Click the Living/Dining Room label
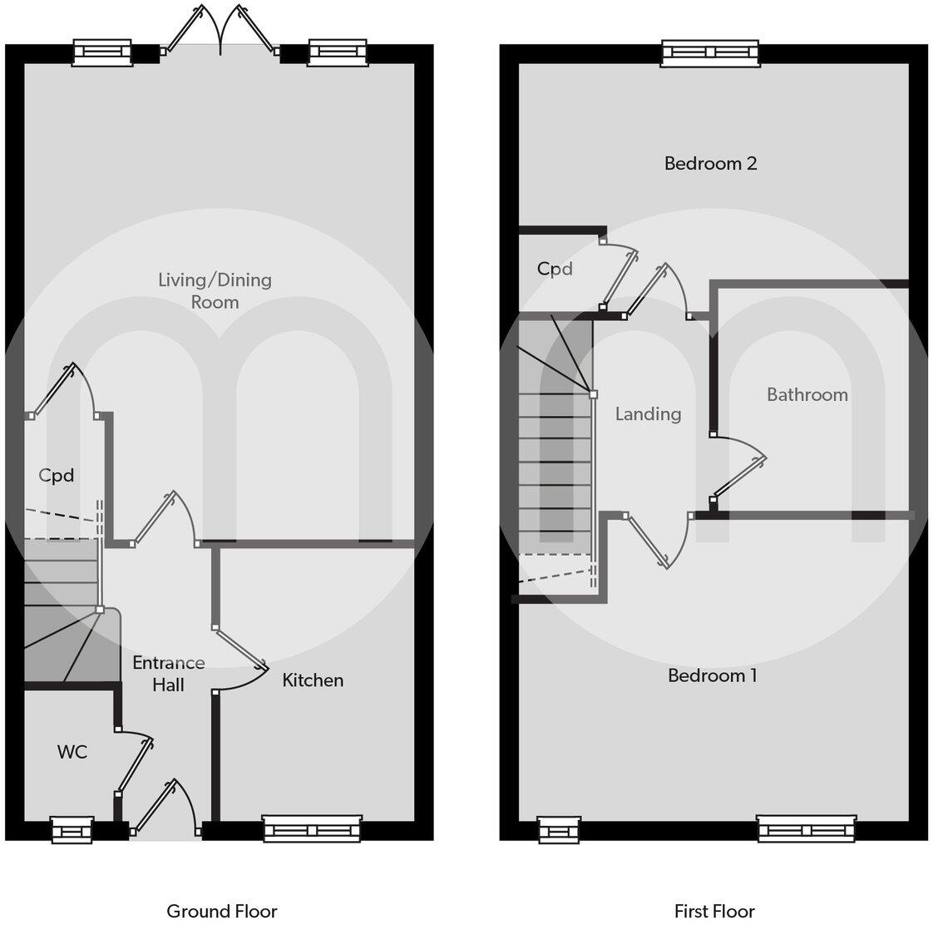pyautogui.click(x=215, y=290)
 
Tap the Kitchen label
pyautogui.click(x=313, y=680)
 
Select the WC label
pyautogui.click(x=72, y=752)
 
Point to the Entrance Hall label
pyautogui.click(x=169, y=674)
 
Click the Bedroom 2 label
pyautogui.click(x=710, y=163)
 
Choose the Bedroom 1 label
pyautogui.click(x=712, y=675)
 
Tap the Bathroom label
pyautogui.click(x=807, y=394)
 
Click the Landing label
pyautogui.click(x=648, y=413)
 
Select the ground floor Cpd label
pyautogui.click(x=57, y=475)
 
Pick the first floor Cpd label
pyautogui.click(x=555, y=269)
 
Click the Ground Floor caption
pyautogui.click(x=222, y=911)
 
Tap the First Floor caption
pyautogui.click(x=714, y=911)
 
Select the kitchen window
pyautogui.click(x=312, y=829)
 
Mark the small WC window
pyautogui.click(x=72, y=829)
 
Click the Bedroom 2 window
pyautogui.click(x=710, y=53)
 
